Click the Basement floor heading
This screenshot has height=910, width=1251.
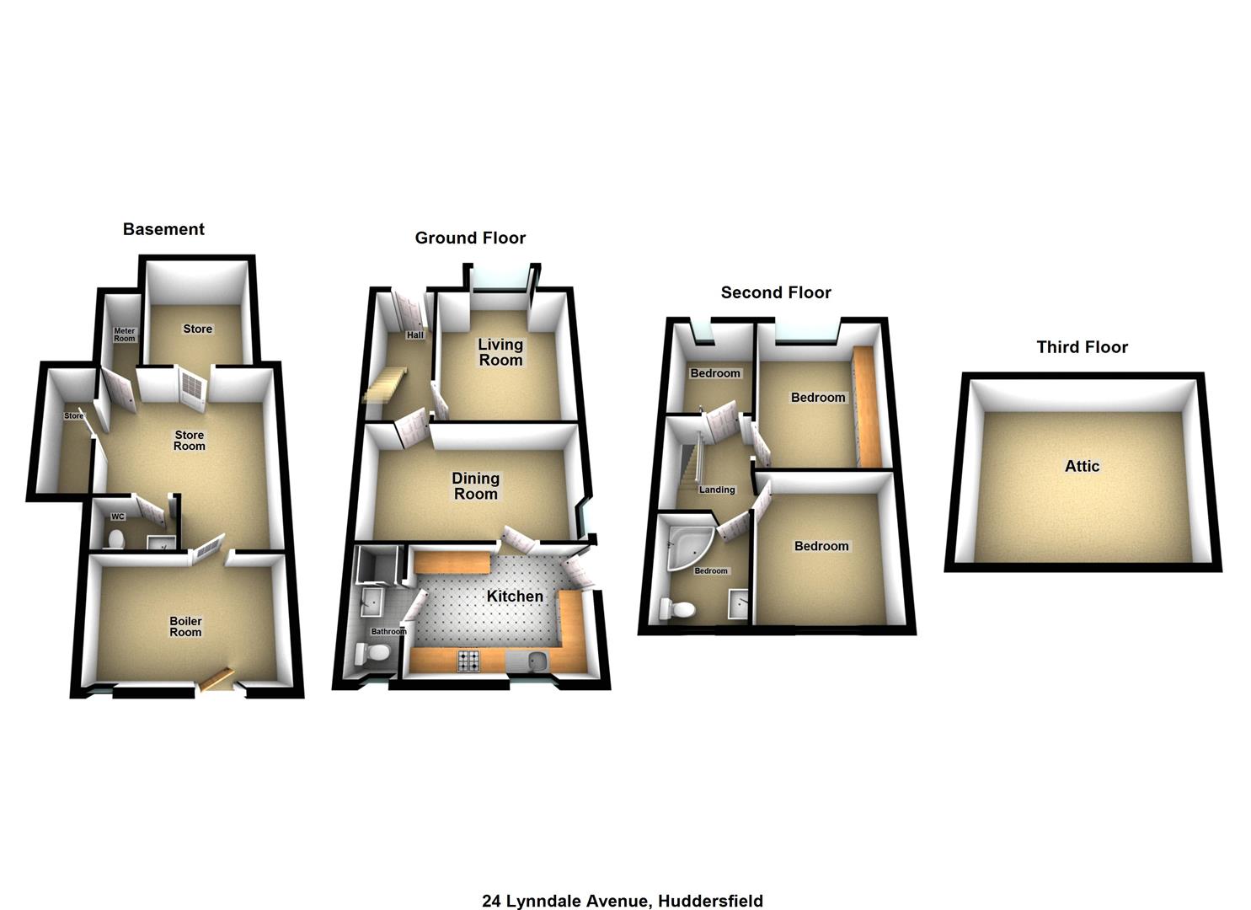pyautogui.click(x=163, y=229)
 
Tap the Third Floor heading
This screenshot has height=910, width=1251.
pyautogui.click(x=1082, y=347)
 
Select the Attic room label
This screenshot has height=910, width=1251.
pyautogui.click(x=1082, y=466)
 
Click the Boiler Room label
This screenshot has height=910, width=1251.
pyautogui.click(x=185, y=627)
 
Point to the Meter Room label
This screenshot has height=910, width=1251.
pyautogui.click(x=124, y=335)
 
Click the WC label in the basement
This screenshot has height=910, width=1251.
pyautogui.click(x=118, y=517)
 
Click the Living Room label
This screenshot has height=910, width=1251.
pyautogui.click(x=500, y=352)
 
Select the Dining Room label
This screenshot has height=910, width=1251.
pyautogui.click(x=476, y=486)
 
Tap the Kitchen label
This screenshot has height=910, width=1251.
pyautogui.click(x=515, y=597)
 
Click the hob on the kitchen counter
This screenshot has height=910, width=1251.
pyautogui.click(x=468, y=661)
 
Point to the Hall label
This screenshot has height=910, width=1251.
pyautogui.click(x=414, y=335)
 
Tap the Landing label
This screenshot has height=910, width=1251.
pyautogui.click(x=716, y=490)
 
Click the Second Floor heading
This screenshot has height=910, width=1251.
pyautogui.click(x=775, y=292)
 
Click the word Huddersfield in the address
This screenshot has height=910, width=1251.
pyautogui.click(x=710, y=901)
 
